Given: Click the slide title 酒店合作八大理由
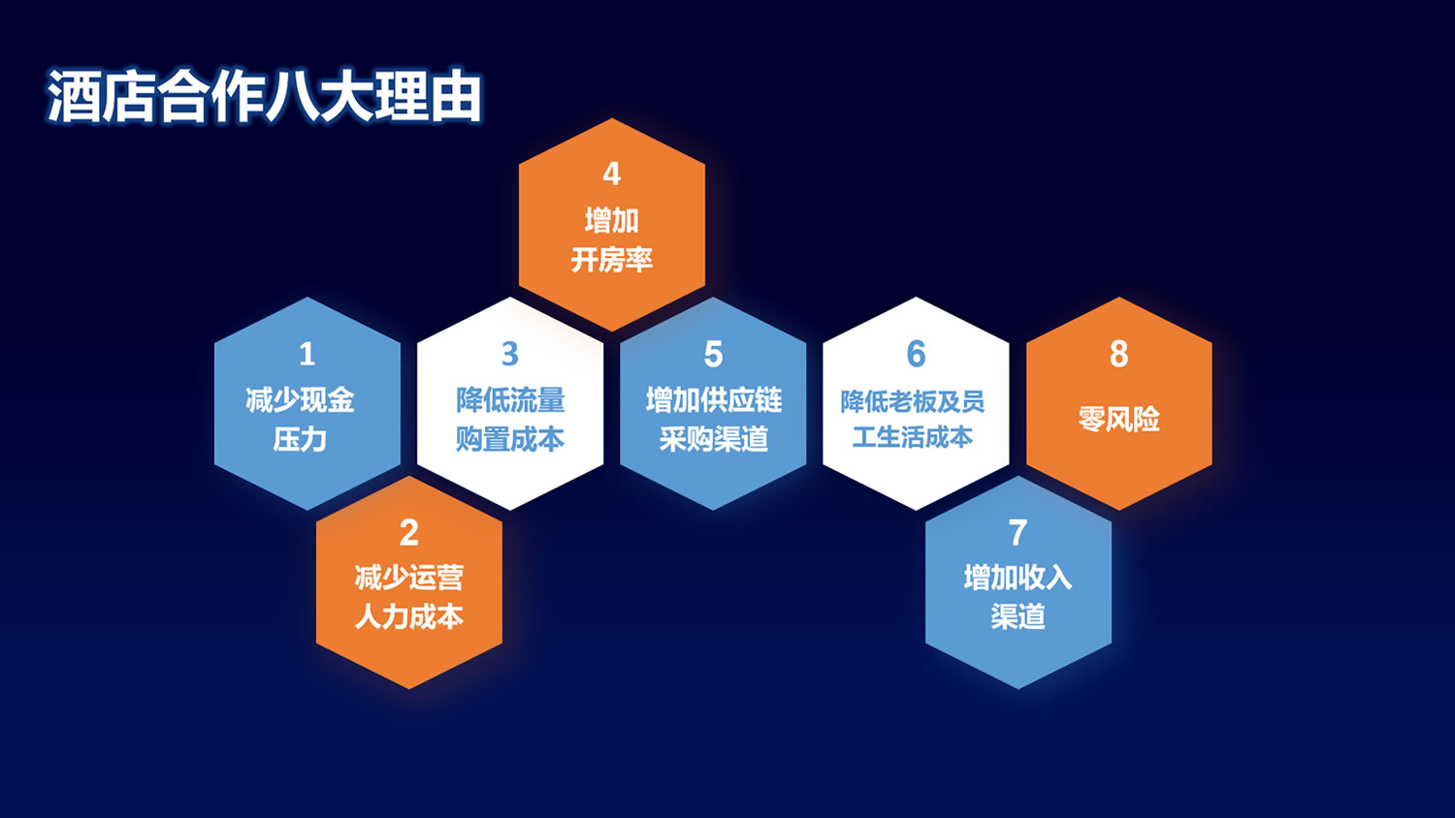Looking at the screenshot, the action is click(x=265, y=96).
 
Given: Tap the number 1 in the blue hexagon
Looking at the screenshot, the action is click(x=307, y=355).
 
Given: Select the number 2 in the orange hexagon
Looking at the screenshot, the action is click(x=408, y=533).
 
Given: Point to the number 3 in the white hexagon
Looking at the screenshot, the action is click(x=510, y=355).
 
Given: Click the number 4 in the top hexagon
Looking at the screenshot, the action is click(x=611, y=174).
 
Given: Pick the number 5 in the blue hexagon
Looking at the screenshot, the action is click(x=713, y=355).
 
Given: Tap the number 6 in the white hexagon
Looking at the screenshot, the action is click(x=916, y=354).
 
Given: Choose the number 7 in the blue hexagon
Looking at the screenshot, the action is click(x=1018, y=533).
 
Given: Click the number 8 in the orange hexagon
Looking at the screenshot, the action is click(x=1118, y=354).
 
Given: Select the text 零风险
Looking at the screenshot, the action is click(x=1118, y=419).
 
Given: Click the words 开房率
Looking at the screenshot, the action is click(x=611, y=261).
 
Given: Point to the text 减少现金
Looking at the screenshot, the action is click(x=300, y=400).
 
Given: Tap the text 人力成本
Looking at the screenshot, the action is click(x=408, y=616).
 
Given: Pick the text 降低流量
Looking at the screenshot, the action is click(x=510, y=400).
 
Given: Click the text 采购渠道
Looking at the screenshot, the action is click(x=713, y=439).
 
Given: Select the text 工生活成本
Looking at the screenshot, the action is click(x=912, y=437).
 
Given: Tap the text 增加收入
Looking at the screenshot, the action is click(x=1018, y=577).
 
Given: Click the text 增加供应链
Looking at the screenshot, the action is click(x=713, y=400).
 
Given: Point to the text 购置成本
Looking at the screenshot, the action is click(x=510, y=439).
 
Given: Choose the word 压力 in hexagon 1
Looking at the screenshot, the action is click(x=300, y=439).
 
